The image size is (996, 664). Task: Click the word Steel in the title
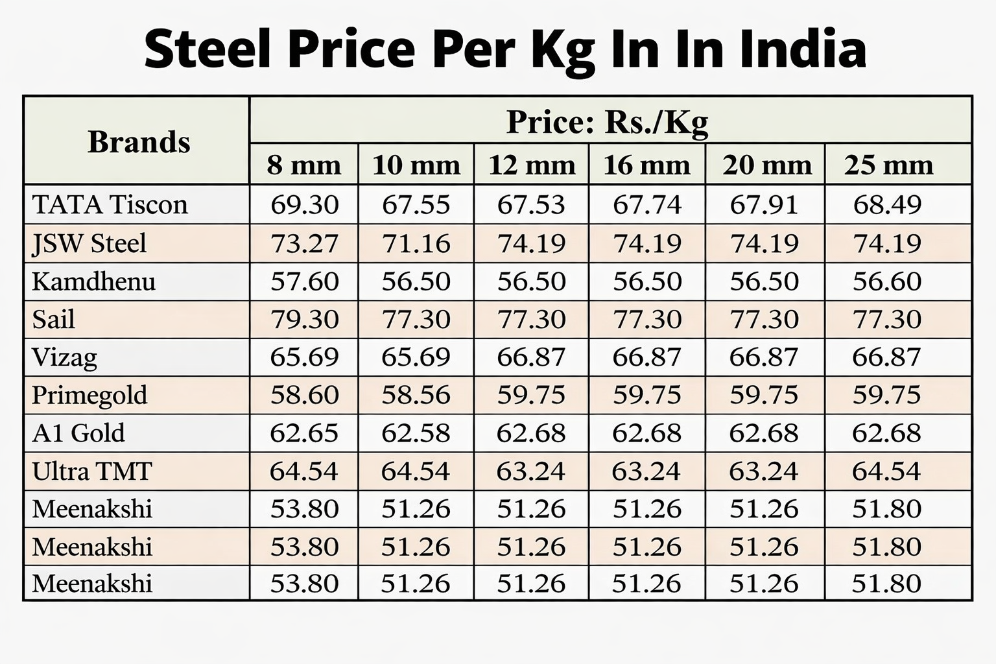click(x=207, y=49)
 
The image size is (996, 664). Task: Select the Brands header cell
click(x=139, y=141)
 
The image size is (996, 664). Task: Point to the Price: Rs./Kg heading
click(x=607, y=121)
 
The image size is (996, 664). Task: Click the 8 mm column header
click(x=304, y=165)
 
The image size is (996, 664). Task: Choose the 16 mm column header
click(x=646, y=165)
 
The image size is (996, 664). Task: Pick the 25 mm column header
click(x=888, y=165)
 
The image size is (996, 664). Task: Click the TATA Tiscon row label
click(x=110, y=205)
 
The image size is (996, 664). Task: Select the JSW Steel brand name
click(x=89, y=243)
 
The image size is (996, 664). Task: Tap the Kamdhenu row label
click(x=94, y=281)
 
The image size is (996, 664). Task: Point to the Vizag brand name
click(x=65, y=357)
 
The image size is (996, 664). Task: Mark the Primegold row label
click(x=89, y=395)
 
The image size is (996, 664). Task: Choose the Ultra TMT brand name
click(x=92, y=471)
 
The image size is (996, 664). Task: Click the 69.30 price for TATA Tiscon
click(x=304, y=205)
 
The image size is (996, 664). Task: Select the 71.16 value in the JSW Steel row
click(x=416, y=243)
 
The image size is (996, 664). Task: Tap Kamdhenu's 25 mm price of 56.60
click(x=887, y=281)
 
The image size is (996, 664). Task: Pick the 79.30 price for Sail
click(x=304, y=319)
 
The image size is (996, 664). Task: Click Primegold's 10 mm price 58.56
click(x=416, y=395)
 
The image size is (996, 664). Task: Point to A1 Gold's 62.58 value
click(x=416, y=433)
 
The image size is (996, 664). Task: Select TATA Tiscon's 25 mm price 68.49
click(x=887, y=205)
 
